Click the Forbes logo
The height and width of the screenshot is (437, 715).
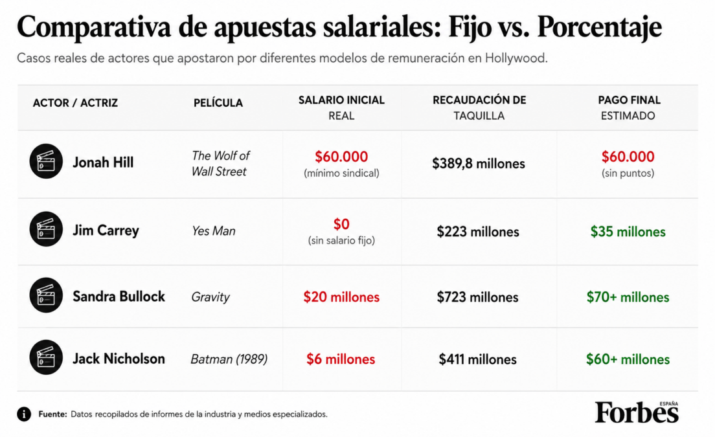click(x=637, y=412)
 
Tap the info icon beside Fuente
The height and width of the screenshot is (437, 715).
click(x=24, y=414)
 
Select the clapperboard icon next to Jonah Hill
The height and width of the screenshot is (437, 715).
click(x=46, y=161)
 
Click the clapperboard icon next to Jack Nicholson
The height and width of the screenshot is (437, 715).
click(x=46, y=357)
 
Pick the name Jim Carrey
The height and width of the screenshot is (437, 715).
click(x=106, y=230)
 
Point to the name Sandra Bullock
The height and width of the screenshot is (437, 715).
click(x=119, y=297)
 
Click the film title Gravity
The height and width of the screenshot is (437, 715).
click(x=210, y=298)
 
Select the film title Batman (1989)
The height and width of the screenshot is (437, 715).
click(x=229, y=359)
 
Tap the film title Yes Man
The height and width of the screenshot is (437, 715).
click(x=214, y=231)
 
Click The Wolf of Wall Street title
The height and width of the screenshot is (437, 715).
click(x=220, y=164)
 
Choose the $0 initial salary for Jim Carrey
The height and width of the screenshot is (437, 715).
click(x=341, y=224)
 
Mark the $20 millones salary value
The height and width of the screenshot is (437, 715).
click(x=341, y=297)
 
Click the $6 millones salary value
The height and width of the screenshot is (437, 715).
click(x=341, y=359)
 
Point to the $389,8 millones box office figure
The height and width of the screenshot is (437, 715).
click(x=479, y=164)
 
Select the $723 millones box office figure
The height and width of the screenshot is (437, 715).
click(x=477, y=297)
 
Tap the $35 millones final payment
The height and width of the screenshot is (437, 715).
click(x=628, y=232)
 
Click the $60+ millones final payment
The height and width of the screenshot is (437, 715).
click(x=628, y=359)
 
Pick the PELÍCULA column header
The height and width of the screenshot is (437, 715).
click(x=218, y=103)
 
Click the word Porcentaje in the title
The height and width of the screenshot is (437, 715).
click(x=599, y=27)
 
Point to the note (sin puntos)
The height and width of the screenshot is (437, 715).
click(x=628, y=173)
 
